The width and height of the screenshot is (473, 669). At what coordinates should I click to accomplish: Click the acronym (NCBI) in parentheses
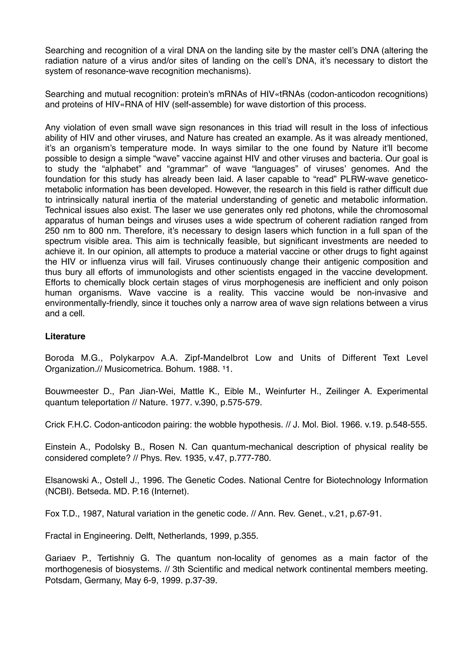click(x=55, y=491)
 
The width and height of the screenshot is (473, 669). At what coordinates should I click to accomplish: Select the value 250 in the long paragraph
click(x=52, y=231)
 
